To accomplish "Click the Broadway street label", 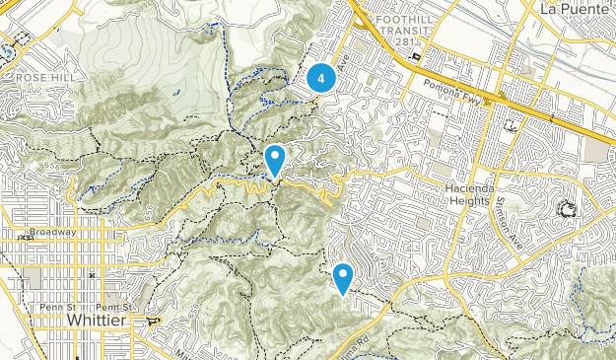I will click(52, 232).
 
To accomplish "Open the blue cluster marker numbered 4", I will click(321, 78).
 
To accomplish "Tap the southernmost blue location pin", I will click(343, 278).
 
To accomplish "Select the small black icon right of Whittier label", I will click(152, 322).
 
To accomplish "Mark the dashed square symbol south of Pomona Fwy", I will click(511, 125).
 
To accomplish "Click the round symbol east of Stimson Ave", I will click(567, 209).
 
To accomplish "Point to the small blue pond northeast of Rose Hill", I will click(174, 93).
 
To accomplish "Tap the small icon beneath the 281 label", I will click(417, 54).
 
